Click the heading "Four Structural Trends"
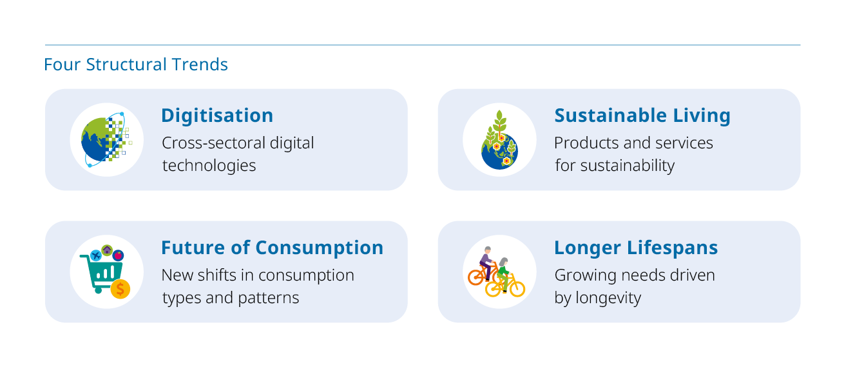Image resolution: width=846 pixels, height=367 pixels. pyautogui.click(x=136, y=64)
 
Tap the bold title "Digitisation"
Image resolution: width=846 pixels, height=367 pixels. pyautogui.click(x=217, y=115)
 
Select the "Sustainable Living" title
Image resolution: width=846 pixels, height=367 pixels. pyautogui.click(x=642, y=115)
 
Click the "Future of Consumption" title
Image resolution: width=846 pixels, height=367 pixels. pyautogui.click(x=273, y=248)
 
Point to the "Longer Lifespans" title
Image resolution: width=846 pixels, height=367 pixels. pyautogui.click(x=636, y=248)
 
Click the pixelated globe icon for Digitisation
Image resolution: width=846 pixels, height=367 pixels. pyautogui.click(x=106, y=140)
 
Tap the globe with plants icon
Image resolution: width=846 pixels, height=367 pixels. pyautogui.click(x=499, y=141)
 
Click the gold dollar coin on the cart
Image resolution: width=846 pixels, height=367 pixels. pyautogui.click(x=120, y=289)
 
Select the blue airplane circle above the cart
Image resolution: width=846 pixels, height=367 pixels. pyautogui.click(x=96, y=256)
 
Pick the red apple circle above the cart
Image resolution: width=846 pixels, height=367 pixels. pyautogui.click(x=118, y=255)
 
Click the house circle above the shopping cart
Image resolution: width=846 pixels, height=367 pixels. pyautogui.click(x=107, y=250)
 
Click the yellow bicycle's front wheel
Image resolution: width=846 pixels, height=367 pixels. pyautogui.click(x=517, y=289)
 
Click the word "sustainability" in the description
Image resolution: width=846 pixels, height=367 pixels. pyautogui.click(x=628, y=166)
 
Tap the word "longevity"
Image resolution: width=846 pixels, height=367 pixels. pyautogui.click(x=608, y=298)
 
